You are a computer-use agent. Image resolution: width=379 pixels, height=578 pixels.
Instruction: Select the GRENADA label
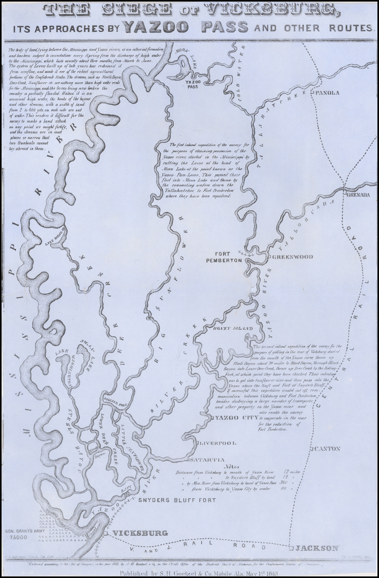358,195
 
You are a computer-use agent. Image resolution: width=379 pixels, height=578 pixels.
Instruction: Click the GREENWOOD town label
292,257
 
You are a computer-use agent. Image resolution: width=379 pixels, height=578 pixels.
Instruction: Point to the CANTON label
328,449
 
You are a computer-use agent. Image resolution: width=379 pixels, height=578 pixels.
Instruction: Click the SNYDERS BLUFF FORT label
177,500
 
